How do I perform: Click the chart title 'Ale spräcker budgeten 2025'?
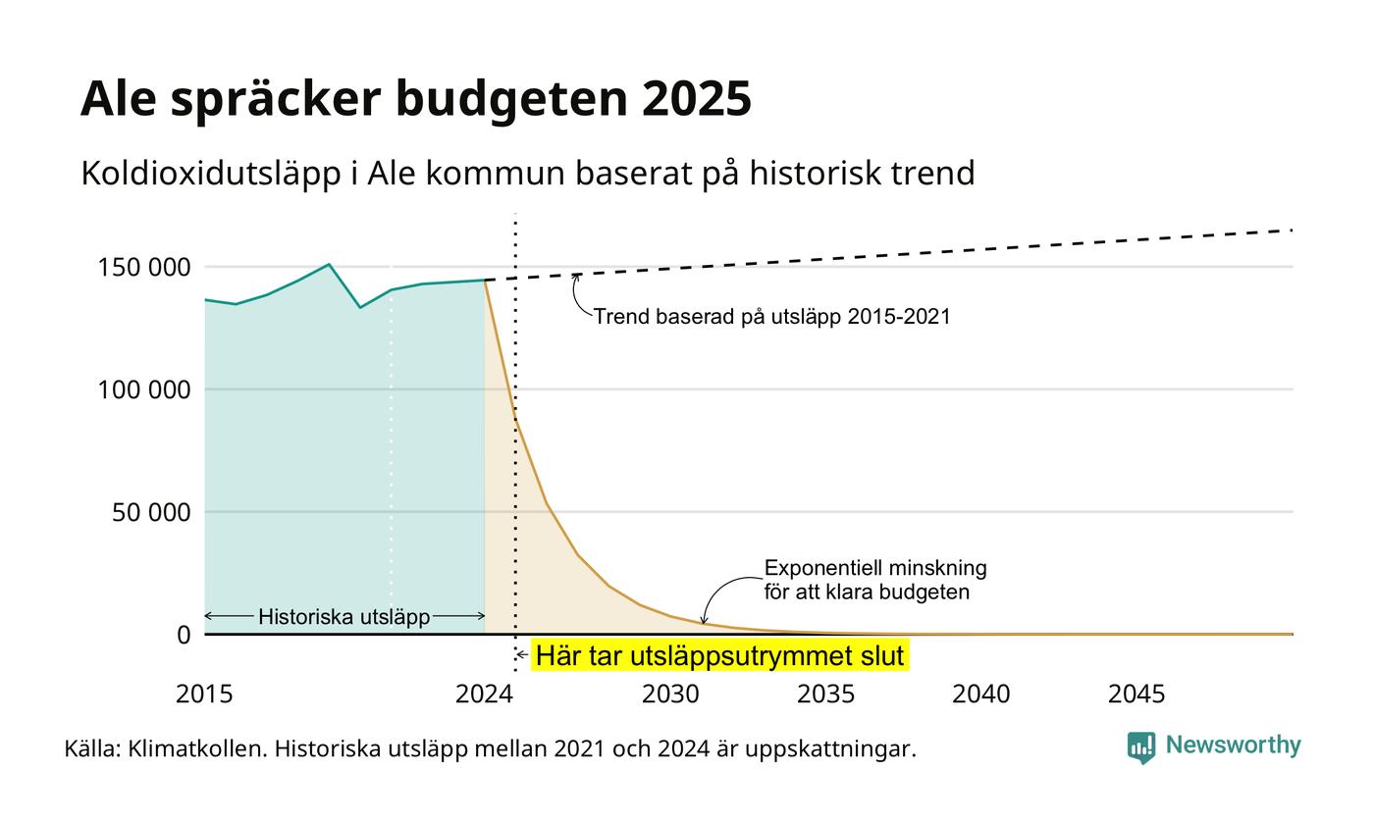(x=416, y=99)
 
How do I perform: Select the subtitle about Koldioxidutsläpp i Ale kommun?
(x=528, y=174)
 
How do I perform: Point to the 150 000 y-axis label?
(x=144, y=267)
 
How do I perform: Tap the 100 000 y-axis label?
(x=144, y=390)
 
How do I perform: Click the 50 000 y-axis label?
(x=151, y=512)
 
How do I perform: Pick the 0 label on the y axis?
(x=185, y=636)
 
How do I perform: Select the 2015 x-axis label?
(x=204, y=695)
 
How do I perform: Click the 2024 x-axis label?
(x=484, y=695)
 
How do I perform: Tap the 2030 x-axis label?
(x=670, y=695)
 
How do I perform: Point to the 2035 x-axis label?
(x=825, y=695)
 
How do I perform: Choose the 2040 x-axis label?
(x=980, y=695)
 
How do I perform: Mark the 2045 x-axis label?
(x=1136, y=695)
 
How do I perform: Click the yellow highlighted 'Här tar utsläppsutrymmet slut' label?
(x=719, y=655)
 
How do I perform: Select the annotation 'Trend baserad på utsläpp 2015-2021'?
(x=771, y=316)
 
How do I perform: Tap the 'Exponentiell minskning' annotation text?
(x=875, y=568)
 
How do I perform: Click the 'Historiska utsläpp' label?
(x=344, y=617)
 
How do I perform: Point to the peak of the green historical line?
(x=330, y=264)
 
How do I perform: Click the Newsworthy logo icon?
(x=1140, y=747)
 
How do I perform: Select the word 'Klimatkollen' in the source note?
(x=197, y=749)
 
